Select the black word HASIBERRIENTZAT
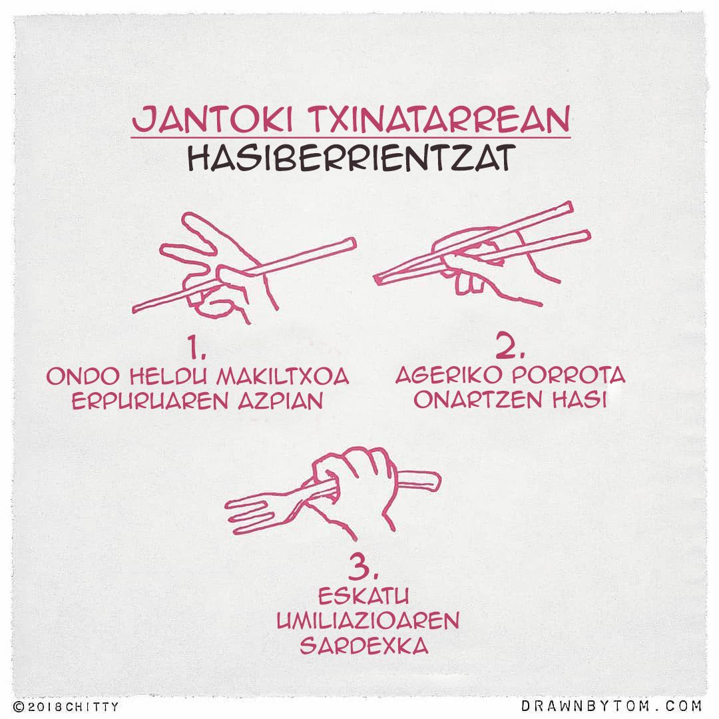pos(352,158)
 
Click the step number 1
pos(196,348)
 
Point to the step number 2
pos(510,346)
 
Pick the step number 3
pos(363,567)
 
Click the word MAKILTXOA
pos(282,376)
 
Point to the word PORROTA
pos(569,375)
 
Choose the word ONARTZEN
pos(478,400)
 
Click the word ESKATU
pos(363,597)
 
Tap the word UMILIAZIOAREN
pos(367,621)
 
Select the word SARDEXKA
pos(364,646)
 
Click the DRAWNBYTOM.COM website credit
pos(611,705)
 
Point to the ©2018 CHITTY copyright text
pos(65,706)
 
